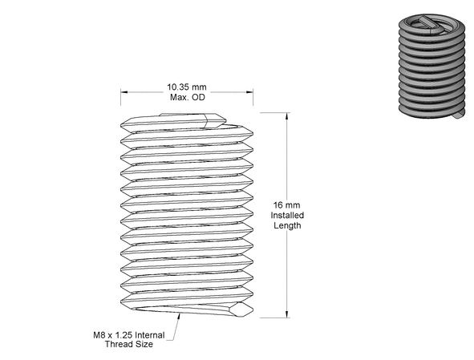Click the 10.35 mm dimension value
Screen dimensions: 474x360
coord(187,87)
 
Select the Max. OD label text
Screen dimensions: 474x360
coord(188,97)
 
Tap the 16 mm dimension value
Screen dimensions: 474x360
coord(287,205)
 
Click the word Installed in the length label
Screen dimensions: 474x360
coord(287,215)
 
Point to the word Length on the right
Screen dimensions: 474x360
coord(287,225)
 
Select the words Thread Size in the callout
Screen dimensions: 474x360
coord(129,344)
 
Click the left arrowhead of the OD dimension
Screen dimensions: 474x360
coord(124,92)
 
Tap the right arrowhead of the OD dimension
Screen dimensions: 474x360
coord(249,92)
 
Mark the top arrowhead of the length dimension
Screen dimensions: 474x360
coord(287,116)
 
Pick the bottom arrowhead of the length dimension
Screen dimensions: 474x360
coord(287,314)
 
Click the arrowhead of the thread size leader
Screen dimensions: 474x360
coord(180,317)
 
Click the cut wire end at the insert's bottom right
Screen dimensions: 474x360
coord(241,309)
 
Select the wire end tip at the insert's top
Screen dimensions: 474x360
coord(216,120)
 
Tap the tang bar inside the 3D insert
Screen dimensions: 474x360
coord(431,24)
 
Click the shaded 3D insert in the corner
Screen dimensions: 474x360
coord(432,67)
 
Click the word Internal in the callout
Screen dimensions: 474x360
coord(150,335)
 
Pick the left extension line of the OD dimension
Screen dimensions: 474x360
coord(120,97)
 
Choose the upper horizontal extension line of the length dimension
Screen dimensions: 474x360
coord(275,113)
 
